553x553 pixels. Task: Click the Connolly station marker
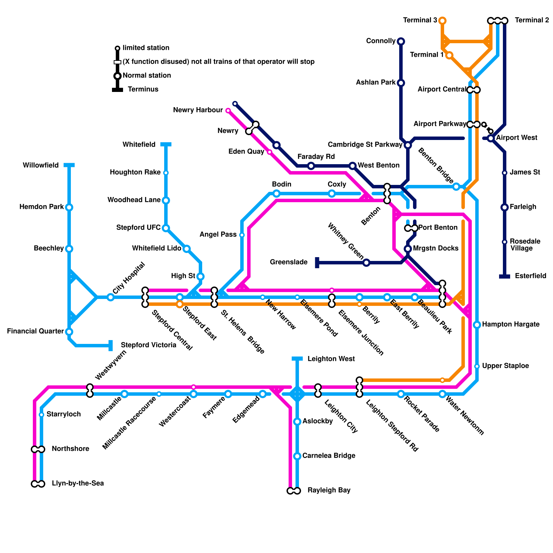[x=401, y=41]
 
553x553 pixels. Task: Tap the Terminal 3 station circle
[x=442, y=21]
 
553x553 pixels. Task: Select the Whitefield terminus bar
[x=166, y=144]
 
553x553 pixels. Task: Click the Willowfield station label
[x=41, y=165]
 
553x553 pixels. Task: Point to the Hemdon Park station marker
[x=69, y=207]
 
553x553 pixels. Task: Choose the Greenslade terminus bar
[x=317, y=263]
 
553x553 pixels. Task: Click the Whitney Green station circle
[x=366, y=263]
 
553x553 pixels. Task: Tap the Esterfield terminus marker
[x=505, y=276]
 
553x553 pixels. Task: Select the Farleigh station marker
[x=505, y=207]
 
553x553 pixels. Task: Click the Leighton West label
[x=331, y=359]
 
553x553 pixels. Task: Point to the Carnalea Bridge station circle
[x=297, y=456]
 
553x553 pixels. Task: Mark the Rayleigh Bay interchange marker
[x=294, y=491]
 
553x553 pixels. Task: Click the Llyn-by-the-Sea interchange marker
[x=38, y=484]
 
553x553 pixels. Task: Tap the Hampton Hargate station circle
[x=477, y=325]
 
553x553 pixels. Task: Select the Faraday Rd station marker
[x=311, y=166]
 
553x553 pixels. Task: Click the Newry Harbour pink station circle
[x=228, y=111]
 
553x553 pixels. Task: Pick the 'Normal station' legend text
[x=147, y=75]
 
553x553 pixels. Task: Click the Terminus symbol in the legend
[x=118, y=90]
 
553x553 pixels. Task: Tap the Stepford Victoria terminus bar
[x=111, y=345]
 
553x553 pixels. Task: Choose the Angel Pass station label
[x=218, y=234]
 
